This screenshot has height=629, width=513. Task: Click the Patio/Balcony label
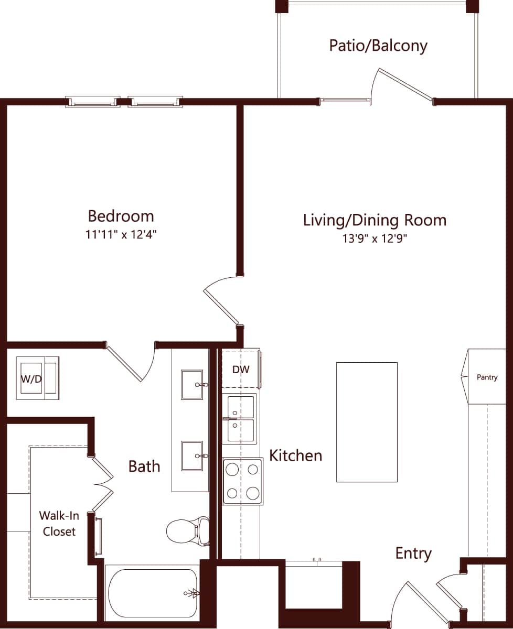(378, 46)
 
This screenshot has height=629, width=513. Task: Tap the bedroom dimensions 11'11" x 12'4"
(121, 235)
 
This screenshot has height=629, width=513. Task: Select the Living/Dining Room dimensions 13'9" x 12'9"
(375, 238)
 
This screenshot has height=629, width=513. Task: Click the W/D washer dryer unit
(37, 378)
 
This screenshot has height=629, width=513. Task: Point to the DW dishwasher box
(241, 370)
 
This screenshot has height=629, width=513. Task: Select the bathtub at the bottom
(153, 593)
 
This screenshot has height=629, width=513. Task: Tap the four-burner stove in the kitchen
(243, 481)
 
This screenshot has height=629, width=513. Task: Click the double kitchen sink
(240, 419)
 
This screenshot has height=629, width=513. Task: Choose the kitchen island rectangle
(367, 422)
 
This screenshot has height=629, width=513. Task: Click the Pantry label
(487, 377)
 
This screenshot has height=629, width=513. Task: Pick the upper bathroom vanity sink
(192, 385)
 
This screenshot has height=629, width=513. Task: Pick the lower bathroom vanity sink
(192, 456)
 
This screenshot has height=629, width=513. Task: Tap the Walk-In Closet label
(59, 523)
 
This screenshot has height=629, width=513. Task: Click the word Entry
(413, 553)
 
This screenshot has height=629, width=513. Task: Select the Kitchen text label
(295, 455)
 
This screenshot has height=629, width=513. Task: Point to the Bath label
(144, 466)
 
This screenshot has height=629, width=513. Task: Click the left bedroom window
(93, 102)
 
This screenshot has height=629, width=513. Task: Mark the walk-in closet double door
(102, 484)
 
